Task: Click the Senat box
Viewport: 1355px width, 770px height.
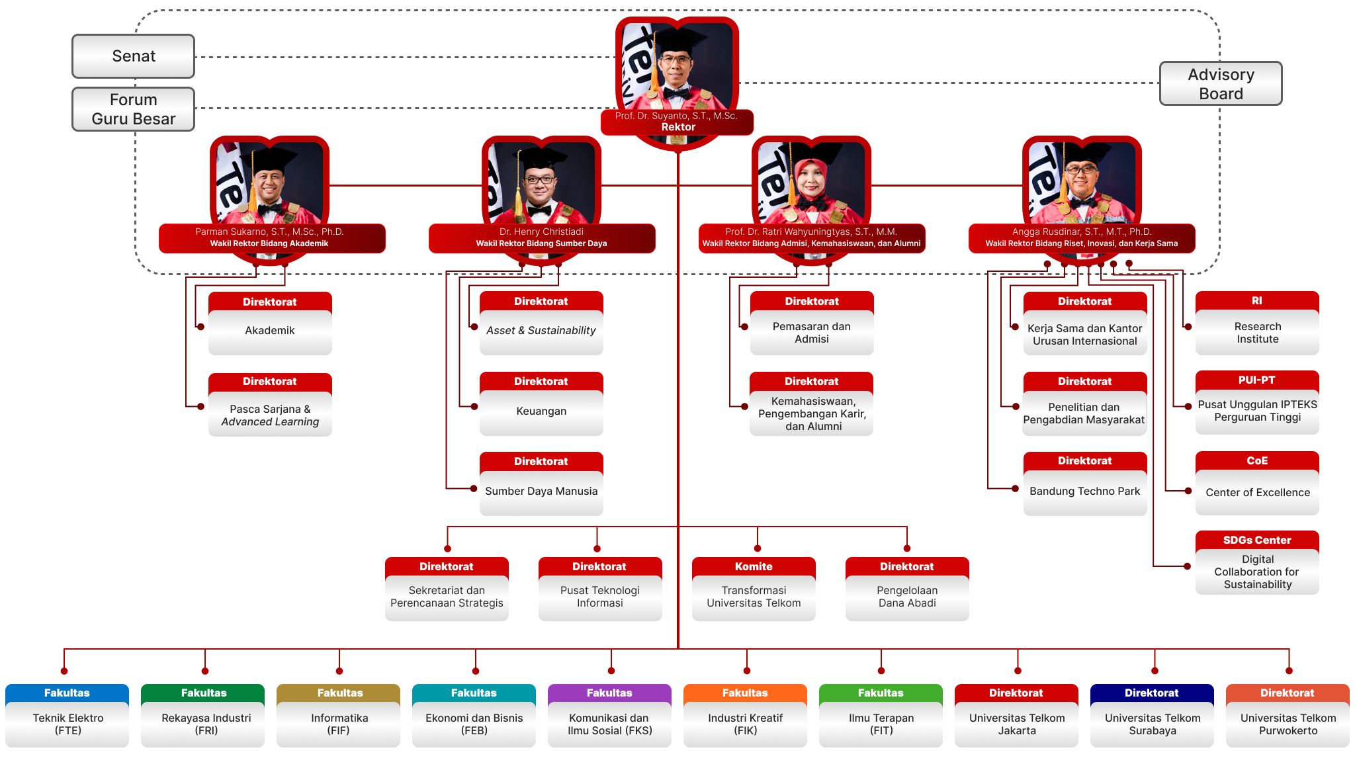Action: point(133,56)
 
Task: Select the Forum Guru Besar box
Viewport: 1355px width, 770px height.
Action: point(133,109)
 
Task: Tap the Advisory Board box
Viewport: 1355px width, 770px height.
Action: point(1221,83)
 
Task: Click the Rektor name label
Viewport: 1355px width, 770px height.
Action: point(677,122)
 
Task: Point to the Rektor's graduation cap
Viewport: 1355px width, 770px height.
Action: point(677,40)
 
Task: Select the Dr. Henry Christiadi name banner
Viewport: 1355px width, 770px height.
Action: point(542,238)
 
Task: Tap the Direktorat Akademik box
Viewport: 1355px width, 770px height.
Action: point(270,323)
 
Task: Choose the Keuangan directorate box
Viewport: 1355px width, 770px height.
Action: point(541,404)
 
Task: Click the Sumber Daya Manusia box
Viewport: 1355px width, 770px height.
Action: point(541,484)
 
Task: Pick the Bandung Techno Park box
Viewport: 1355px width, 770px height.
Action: point(1085,484)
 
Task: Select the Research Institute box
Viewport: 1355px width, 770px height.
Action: point(1257,323)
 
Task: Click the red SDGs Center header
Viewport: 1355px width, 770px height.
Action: point(1257,540)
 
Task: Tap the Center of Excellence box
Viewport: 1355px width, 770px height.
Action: point(1257,483)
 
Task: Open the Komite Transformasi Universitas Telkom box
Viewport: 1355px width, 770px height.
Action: point(754,589)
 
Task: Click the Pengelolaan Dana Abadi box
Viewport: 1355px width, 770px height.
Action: point(907,589)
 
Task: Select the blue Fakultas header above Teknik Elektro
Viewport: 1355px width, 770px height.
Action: point(67,693)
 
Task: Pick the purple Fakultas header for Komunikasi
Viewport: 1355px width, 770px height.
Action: point(609,693)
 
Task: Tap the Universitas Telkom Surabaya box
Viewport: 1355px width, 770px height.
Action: point(1152,716)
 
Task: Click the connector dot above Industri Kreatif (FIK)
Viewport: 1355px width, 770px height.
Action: point(747,671)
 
